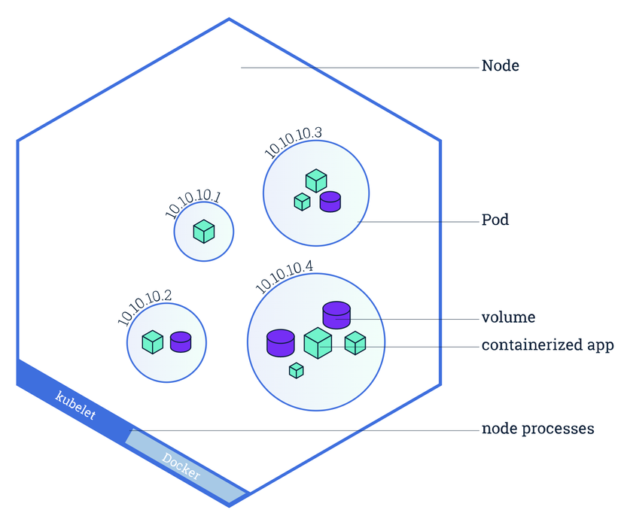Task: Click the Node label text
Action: [x=501, y=66]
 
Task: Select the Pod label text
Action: [x=495, y=220]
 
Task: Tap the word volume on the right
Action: [x=508, y=317]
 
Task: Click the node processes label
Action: [x=537, y=429]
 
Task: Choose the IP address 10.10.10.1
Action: [x=193, y=204]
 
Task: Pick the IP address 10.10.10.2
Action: [x=145, y=307]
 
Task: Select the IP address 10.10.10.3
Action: [x=293, y=142]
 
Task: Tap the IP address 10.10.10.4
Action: [x=285, y=277]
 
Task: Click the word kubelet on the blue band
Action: [x=76, y=405]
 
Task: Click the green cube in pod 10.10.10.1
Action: [x=203, y=231]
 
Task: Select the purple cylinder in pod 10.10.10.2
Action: [x=181, y=342]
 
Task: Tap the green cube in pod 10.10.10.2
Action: [x=153, y=342]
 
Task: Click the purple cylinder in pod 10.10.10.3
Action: [x=330, y=201]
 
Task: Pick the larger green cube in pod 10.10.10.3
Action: [x=316, y=181]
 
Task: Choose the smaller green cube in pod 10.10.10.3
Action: [x=302, y=202]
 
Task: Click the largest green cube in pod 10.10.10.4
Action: [x=318, y=343]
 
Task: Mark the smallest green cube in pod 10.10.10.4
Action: [x=297, y=370]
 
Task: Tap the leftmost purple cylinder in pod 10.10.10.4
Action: [x=280, y=342]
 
